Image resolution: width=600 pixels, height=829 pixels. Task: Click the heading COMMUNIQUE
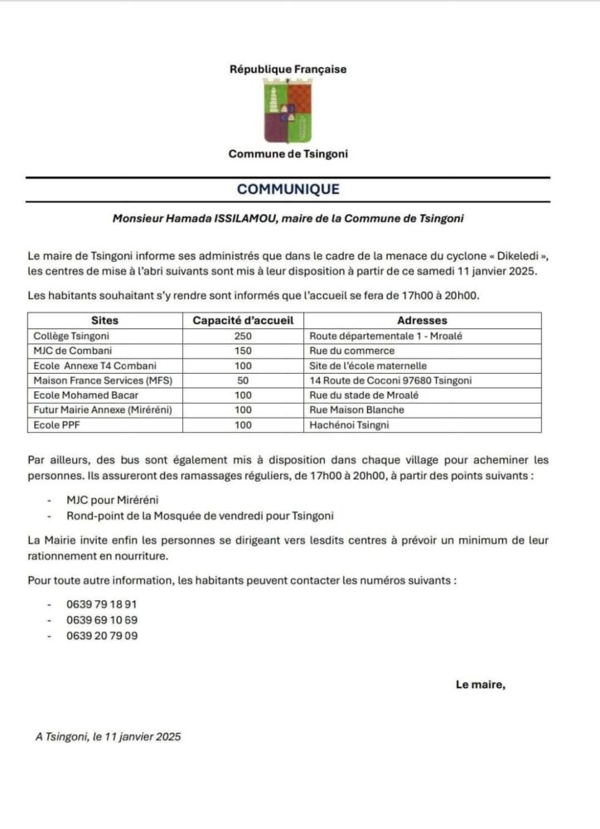(288, 189)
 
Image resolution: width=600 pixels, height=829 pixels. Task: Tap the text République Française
(288, 70)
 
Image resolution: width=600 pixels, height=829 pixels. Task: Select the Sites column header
(104, 320)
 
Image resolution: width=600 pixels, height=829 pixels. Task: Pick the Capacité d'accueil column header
(243, 320)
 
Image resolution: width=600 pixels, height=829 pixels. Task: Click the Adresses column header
(422, 320)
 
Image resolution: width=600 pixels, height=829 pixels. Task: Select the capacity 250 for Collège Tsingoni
(243, 336)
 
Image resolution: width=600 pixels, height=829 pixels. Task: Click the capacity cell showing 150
(243, 351)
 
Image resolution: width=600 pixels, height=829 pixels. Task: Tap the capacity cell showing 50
(243, 381)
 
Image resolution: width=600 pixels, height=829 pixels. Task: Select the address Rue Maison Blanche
(356, 410)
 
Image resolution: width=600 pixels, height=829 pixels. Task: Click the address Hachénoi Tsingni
(349, 425)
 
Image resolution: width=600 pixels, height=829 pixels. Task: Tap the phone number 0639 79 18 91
(102, 604)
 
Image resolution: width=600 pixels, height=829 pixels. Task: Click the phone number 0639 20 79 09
(102, 636)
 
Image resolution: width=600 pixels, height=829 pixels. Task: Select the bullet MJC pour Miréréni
(114, 501)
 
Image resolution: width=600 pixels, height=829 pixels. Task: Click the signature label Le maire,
(480, 684)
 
